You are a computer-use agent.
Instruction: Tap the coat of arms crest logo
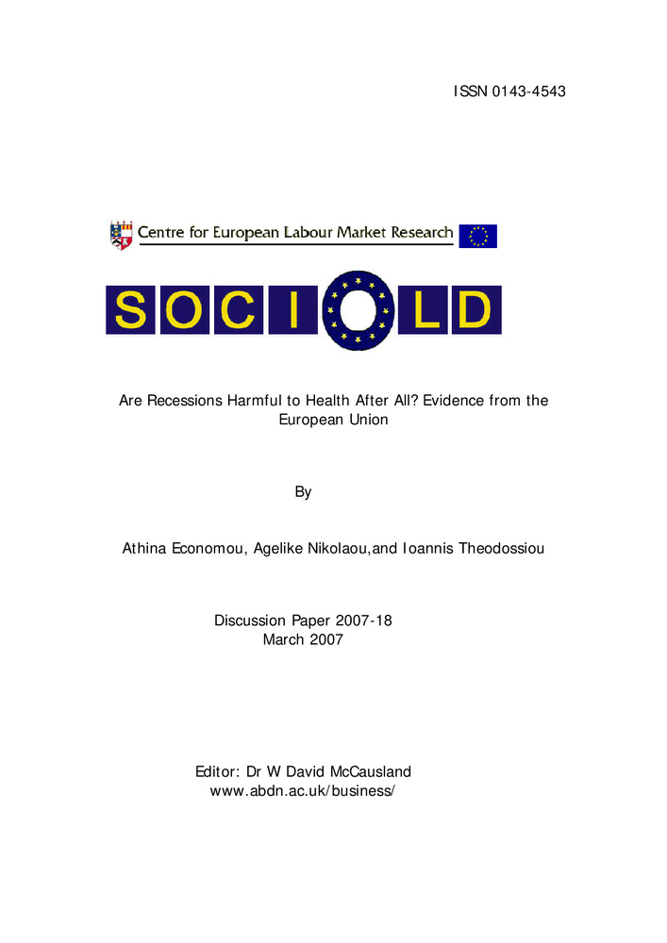[x=122, y=235]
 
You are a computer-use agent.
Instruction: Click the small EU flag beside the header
[x=477, y=236]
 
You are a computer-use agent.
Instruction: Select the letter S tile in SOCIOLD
[x=131, y=310]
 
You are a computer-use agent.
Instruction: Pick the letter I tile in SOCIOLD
[x=292, y=310]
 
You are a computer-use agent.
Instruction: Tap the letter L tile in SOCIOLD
[x=425, y=310]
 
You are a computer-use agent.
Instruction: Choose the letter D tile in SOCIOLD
[x=475, y=310]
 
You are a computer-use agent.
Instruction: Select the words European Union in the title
[x=333, y=420]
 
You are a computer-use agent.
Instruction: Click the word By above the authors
[x=303, y=491]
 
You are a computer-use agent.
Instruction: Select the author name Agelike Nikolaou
[x=312, y=548]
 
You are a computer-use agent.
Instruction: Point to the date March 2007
[x=303, y=639]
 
